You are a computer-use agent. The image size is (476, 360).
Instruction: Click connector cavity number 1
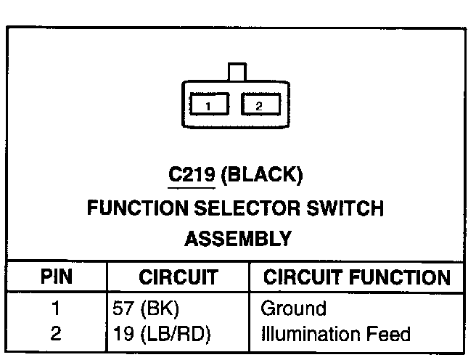[x=208, y=106]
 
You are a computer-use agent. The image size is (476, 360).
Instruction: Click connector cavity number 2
[x=258, y=106]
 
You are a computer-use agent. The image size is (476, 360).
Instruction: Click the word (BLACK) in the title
[x=260, y=175]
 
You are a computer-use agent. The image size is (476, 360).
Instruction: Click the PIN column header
[x=56, y=277]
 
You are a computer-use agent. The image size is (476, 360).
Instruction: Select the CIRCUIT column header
[x=178, y=277]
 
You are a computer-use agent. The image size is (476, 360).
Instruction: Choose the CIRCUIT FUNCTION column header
[x=356, y=277]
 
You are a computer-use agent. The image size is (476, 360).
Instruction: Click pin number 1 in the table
[x=56, y=308]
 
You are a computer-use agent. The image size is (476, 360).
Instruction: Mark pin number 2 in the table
[x=56, y=334]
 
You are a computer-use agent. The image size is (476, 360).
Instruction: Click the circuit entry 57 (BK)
[x=146, y=308]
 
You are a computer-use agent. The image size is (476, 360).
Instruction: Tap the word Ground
[x=293, y=308]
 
